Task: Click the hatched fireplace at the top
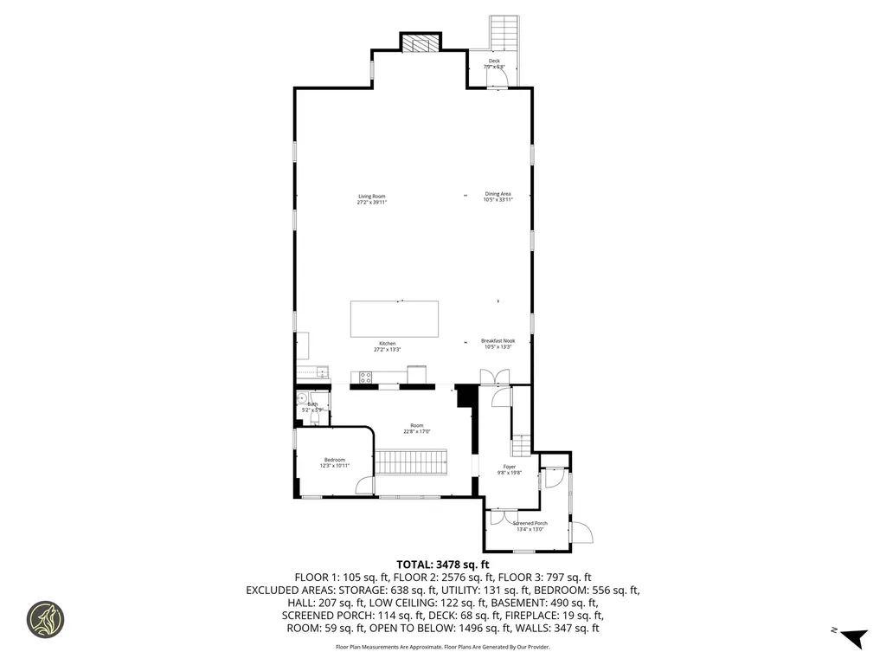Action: point(421,43)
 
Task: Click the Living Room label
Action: point(372,198)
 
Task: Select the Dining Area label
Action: point(498,197)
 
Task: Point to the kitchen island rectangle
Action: point(394,319)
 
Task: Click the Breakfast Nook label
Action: point(498,344)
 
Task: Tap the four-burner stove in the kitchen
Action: point(365,378)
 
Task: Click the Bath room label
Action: point(312,405)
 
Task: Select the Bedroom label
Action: point(335,462)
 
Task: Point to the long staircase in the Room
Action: point(412,461)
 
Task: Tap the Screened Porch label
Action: point(530,526)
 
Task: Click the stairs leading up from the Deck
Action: point(502,33)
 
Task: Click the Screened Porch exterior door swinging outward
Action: point(582,531)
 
